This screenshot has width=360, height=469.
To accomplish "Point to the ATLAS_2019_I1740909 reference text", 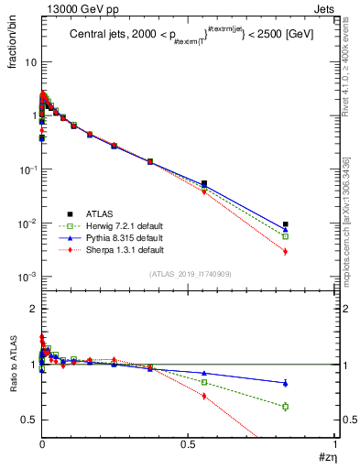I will [189, 275].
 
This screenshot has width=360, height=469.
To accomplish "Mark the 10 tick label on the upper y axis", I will [30, 63].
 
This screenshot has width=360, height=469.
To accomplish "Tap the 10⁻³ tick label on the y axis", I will [27, 278].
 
